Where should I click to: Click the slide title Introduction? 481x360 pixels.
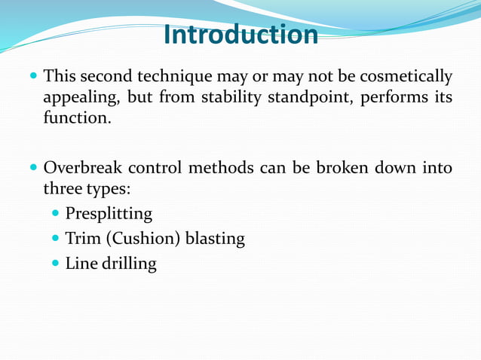(240, 35)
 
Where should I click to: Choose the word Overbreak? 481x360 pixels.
(81, 167)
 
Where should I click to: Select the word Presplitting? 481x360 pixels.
(109, 214)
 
